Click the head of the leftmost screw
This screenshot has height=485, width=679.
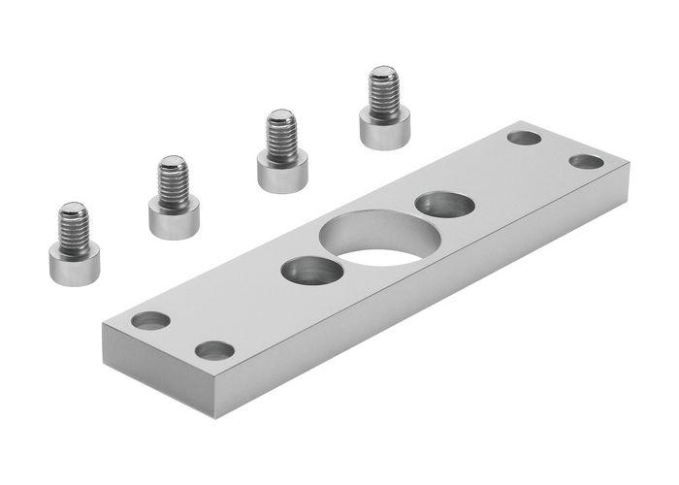point(74,264)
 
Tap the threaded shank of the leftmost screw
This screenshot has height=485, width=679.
point(73,225)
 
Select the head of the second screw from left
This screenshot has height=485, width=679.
point(174,217)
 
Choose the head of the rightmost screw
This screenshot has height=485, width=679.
point(384,128)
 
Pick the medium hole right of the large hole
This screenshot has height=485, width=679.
point(444,206)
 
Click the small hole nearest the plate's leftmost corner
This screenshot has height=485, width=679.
point(150,319)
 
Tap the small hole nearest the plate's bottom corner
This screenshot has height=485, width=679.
point(214,350)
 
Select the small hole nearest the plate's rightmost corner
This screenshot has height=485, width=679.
point(586,161)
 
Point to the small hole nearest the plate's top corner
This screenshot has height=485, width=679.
point(524,138)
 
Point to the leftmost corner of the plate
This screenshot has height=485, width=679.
point(102,324)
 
